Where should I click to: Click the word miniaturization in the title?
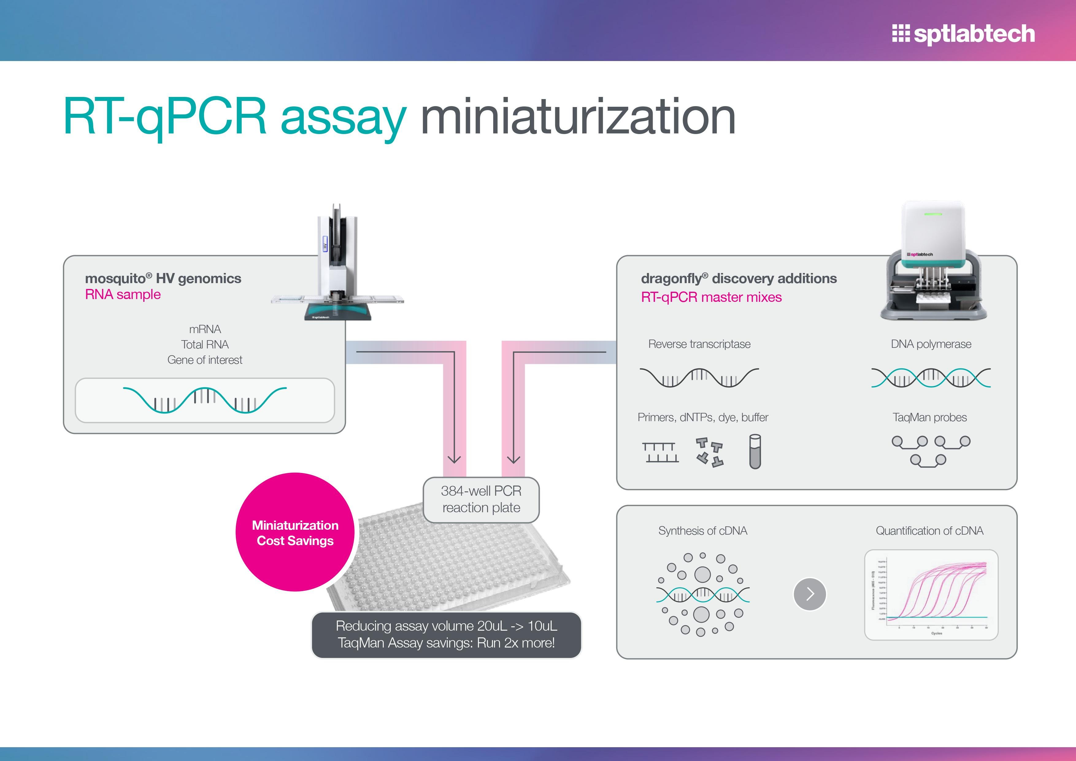(x=578, y=117)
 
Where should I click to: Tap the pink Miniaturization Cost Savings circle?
(x=295, y=532)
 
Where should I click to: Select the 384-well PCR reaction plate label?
(x=481, y=500)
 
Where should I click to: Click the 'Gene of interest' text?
(x=205, y=360)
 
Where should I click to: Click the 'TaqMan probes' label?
(x=929, y=417)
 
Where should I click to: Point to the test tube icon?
(x=755, y=452)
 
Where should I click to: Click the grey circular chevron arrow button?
(x=809, y=594)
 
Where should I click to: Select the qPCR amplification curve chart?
(x=931, y=595)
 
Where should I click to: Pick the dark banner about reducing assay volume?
(x=446, y=635)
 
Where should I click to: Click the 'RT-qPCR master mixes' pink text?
(x=711, y=298)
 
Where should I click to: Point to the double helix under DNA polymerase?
(x=931, y=378)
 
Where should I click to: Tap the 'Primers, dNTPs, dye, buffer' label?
(x=702, y=417)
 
